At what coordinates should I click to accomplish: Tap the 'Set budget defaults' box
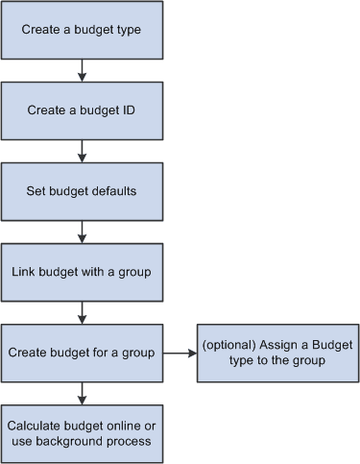(x=82, y=190)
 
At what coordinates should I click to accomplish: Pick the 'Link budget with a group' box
(x=82, y=272)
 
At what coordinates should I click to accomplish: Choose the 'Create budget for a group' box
(x=82, y=353)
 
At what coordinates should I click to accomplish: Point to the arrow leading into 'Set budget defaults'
(x=82, y=150)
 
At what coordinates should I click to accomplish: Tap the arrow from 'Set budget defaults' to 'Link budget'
(x=82, y=231)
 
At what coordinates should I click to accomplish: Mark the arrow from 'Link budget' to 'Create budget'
(x=82, y=312)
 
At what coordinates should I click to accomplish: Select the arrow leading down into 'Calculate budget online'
(x=82, y=392)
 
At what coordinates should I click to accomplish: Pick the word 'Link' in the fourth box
(x=24, y=272)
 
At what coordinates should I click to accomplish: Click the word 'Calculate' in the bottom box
(x=36, y=424)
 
